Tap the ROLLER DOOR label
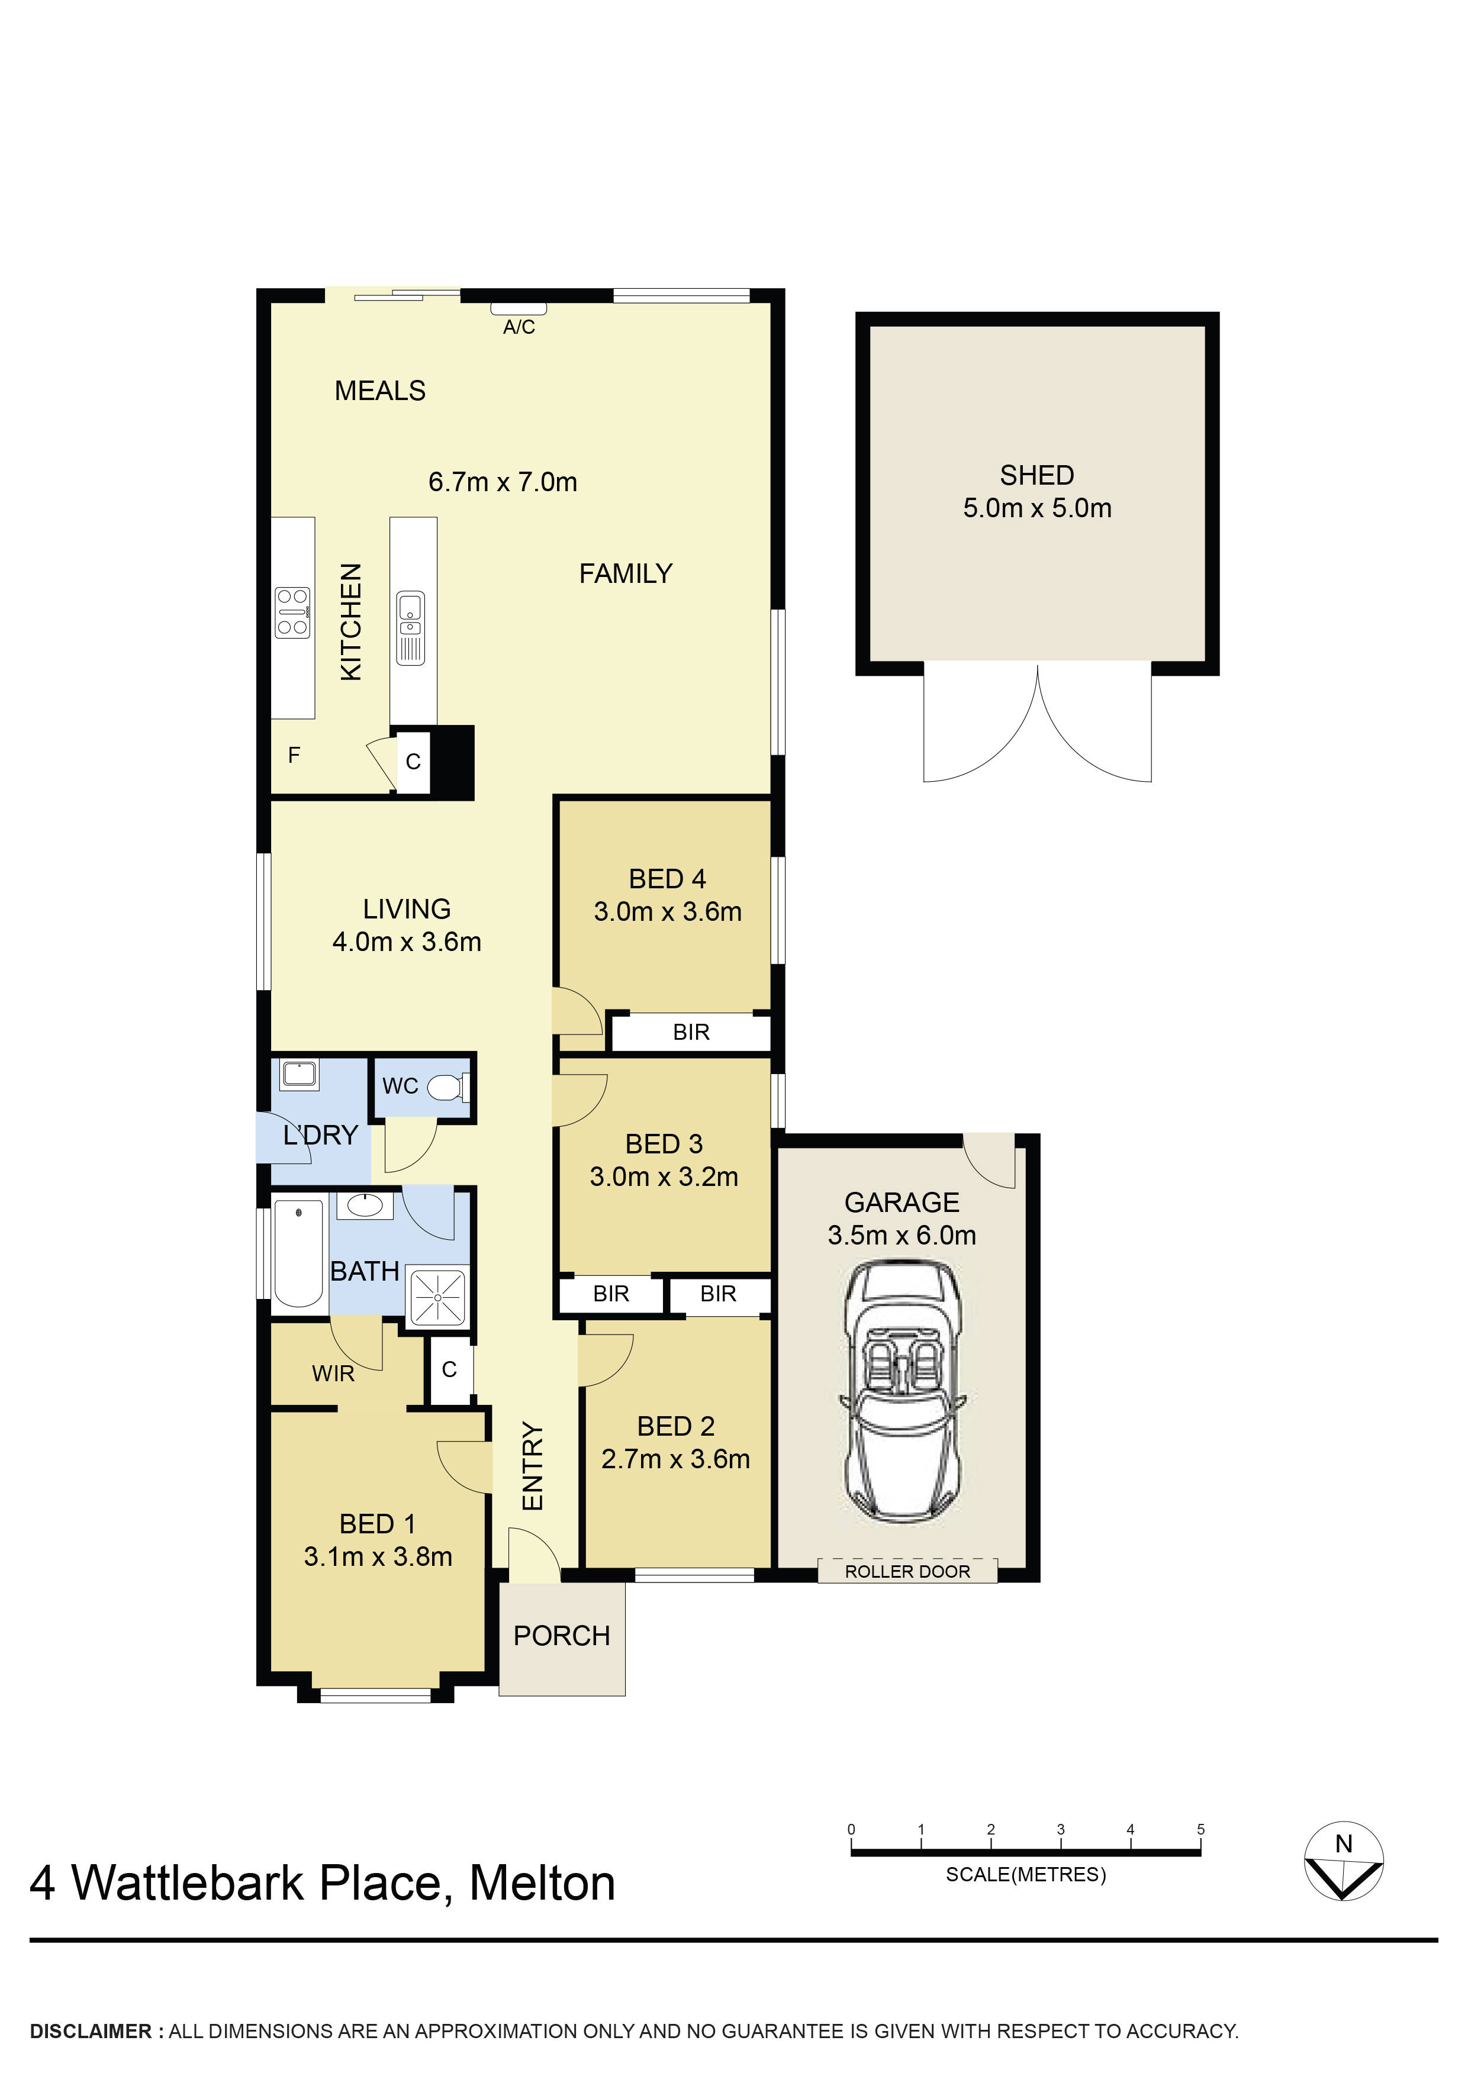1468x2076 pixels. (907, 1571)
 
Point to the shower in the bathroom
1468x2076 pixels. (438, 1297)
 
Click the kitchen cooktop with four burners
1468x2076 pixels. (293, 613)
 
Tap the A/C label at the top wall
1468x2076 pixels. (519, 327)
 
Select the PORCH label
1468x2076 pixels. (562, 1636)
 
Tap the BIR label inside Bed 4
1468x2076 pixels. (691, 1033)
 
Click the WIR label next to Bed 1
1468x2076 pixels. (333, 1374)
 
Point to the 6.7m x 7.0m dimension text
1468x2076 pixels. (503, 482)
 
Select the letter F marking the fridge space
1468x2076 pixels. (294, 755)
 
